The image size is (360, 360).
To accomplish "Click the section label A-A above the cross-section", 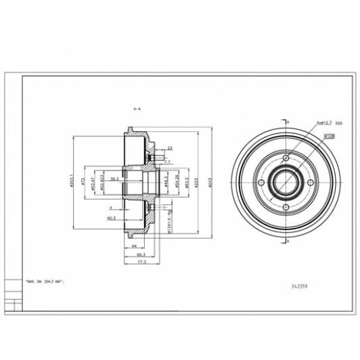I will [138, 108].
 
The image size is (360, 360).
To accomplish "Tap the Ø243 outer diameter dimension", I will [210, 181].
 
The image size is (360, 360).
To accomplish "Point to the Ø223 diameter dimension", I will [196, 181].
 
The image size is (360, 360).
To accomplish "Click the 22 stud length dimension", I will [169, 148].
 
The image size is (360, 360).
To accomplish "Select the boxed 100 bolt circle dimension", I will [331, 136].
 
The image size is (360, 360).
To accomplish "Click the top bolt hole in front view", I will [286, 159].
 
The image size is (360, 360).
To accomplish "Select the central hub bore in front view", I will [286, 181].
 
